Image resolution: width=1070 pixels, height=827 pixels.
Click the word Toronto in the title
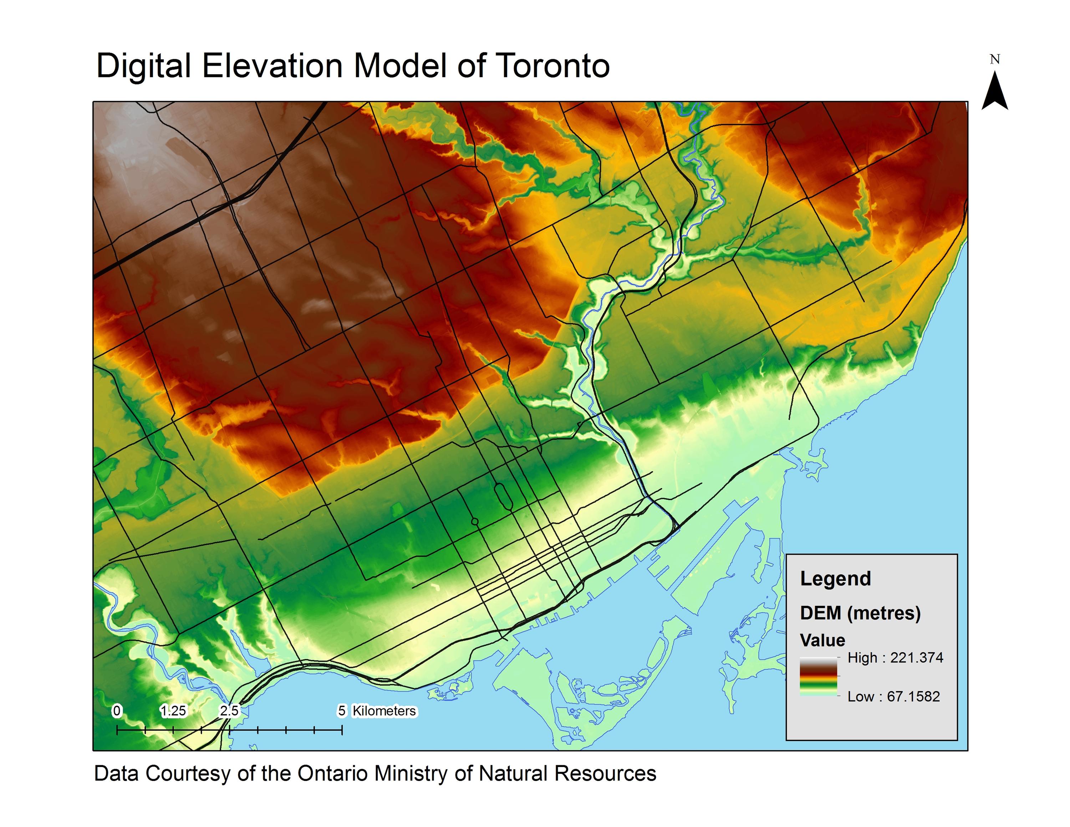[x=552, y=66]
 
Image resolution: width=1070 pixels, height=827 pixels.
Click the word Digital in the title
[x=143, y=66]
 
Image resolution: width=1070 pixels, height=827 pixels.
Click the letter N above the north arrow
[x=994, y=59]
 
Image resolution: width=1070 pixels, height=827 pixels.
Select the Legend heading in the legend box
[x=835, y=579]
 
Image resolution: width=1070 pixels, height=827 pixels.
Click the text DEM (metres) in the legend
[x=860, y=613]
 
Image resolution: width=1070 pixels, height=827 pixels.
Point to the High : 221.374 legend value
[x=895, y=658]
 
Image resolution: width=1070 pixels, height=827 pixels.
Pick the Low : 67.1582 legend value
[x=893, y=696]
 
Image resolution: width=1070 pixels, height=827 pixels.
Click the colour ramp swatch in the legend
[x=819, y=676]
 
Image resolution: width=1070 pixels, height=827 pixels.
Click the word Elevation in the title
[x=272, y=66]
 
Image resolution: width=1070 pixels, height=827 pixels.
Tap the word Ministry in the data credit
[x=411, y=773]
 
